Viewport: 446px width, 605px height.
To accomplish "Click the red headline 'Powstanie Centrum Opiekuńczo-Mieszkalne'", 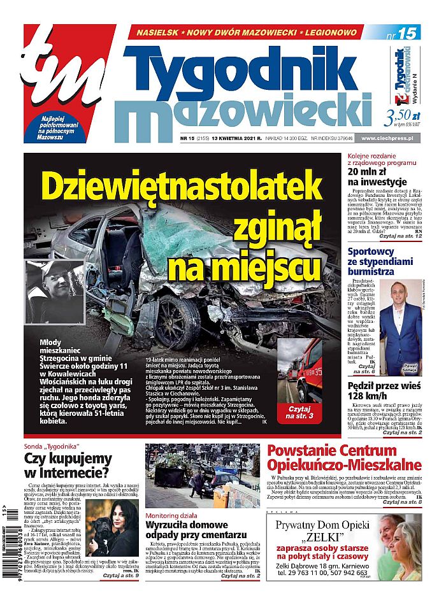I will point(344,457).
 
